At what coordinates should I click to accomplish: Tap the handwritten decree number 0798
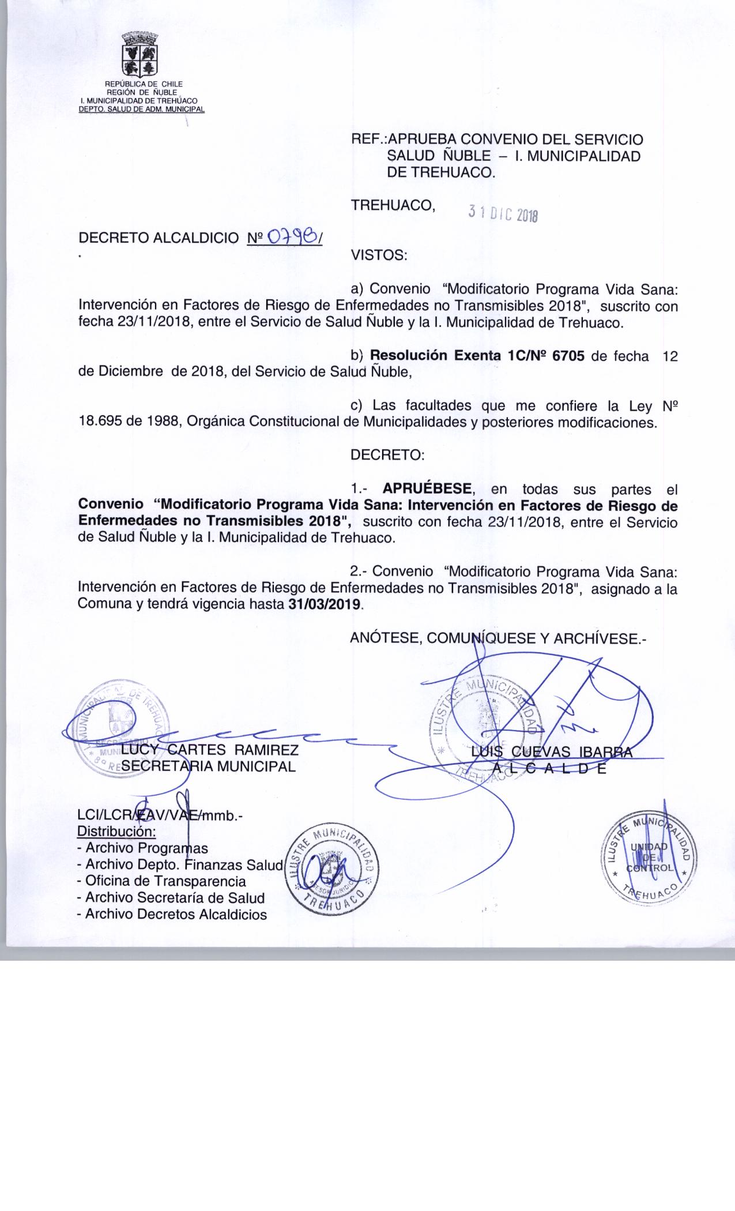(x=294, y=237)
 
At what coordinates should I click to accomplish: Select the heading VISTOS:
(x=379, y=255)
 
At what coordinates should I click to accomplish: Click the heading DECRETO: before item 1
(x=387, y=455)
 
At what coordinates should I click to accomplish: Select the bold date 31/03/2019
(x=326, y=605)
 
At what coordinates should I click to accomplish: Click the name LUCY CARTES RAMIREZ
(x=209, y=750)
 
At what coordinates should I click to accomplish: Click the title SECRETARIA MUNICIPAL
(x=209, y=766)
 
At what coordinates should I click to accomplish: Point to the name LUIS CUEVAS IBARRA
(x=551, y=751)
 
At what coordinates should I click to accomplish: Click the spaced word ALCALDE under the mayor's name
(x=549, y=768)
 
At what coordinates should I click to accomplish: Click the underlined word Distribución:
(x=116, y=832)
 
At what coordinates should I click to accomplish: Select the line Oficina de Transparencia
(x=165, y=881)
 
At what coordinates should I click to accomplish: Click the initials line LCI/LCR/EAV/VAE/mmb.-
(x=161, y=815)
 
